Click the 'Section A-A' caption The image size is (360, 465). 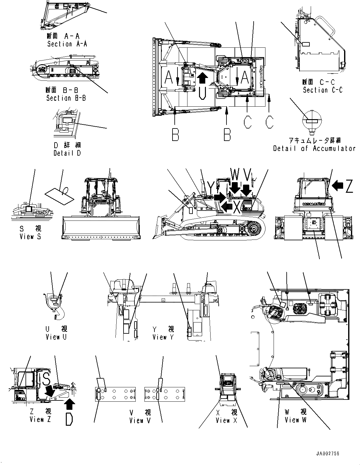(67, 44)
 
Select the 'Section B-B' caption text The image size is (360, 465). (66, 98)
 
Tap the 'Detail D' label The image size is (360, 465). (67, 153)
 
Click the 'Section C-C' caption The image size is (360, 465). (323, 90)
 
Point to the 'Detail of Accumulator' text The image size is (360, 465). (314, 148)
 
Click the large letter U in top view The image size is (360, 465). (202, 92)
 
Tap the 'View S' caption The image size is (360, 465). (30, 237)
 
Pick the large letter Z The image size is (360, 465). (349, 186)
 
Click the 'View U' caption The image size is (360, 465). (56, 337)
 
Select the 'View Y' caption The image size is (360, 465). (163, 337)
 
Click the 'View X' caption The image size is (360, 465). (226, 421)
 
